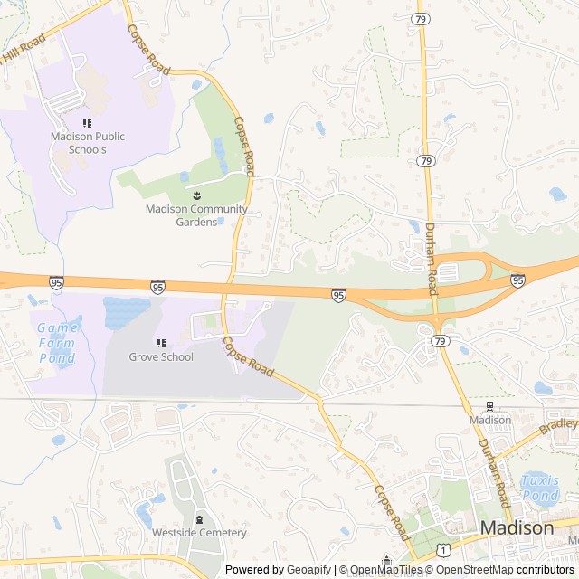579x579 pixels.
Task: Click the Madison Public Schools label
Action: coord(87,143)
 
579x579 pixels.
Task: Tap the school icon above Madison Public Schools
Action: coord(87,123)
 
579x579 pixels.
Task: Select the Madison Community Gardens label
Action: coord(196,215)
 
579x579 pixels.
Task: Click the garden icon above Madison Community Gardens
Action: coord(196,195)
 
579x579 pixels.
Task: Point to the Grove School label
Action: coord(161,356)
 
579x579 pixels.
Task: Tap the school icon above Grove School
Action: coord(161,343)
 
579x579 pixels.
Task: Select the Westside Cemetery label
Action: coord(199,533)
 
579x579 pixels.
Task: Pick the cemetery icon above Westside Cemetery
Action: coord(200,518)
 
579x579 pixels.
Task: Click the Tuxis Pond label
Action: coord(539,489)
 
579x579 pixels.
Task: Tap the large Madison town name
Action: coord(517,527)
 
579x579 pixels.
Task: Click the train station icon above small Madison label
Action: coord(490,405)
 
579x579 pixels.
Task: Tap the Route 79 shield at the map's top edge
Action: coord(419,18)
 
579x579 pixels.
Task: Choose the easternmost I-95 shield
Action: coord(517,280)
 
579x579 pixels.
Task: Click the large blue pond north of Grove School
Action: coord(126,313)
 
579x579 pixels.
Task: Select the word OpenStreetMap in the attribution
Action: coord(472,570)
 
